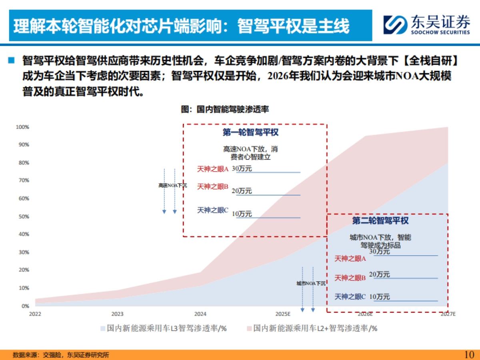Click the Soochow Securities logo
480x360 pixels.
click(x=426, y=25)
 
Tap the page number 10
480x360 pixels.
click(x=469, y=354)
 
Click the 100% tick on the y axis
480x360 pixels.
click(x=22, y=127)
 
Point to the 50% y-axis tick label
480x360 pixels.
click(x=22, y=216)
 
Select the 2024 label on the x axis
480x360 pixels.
click(x=200, y=314)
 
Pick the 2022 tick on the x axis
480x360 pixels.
click(x=35, y=314)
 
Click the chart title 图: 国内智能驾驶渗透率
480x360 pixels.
click(x=225, y=109)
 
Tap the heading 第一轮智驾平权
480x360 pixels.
click(x=250, y=132)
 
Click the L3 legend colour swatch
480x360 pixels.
click(x=103, y=328)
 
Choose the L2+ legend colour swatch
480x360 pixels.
click(x=248, y=328)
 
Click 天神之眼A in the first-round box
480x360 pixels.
click(x=212, y=169)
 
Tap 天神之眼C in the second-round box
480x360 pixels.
click(x=350, y=296)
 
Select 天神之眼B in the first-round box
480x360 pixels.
click(x=212, y=186)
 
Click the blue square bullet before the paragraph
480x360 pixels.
click(x=11, y=60)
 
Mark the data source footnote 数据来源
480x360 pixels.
click(x=61, y=355)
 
